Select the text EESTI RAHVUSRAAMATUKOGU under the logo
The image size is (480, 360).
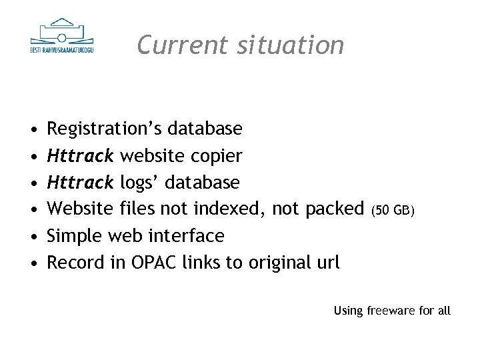tap(62, 50)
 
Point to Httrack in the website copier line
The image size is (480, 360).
tap(81, 155)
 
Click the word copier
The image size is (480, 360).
tap(217, 155)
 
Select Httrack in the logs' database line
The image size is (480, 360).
tap(81, 182)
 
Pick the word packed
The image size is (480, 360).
tap(334, 209)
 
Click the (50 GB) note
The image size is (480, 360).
tap(393, 211)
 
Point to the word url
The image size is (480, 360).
tap(327, 263)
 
